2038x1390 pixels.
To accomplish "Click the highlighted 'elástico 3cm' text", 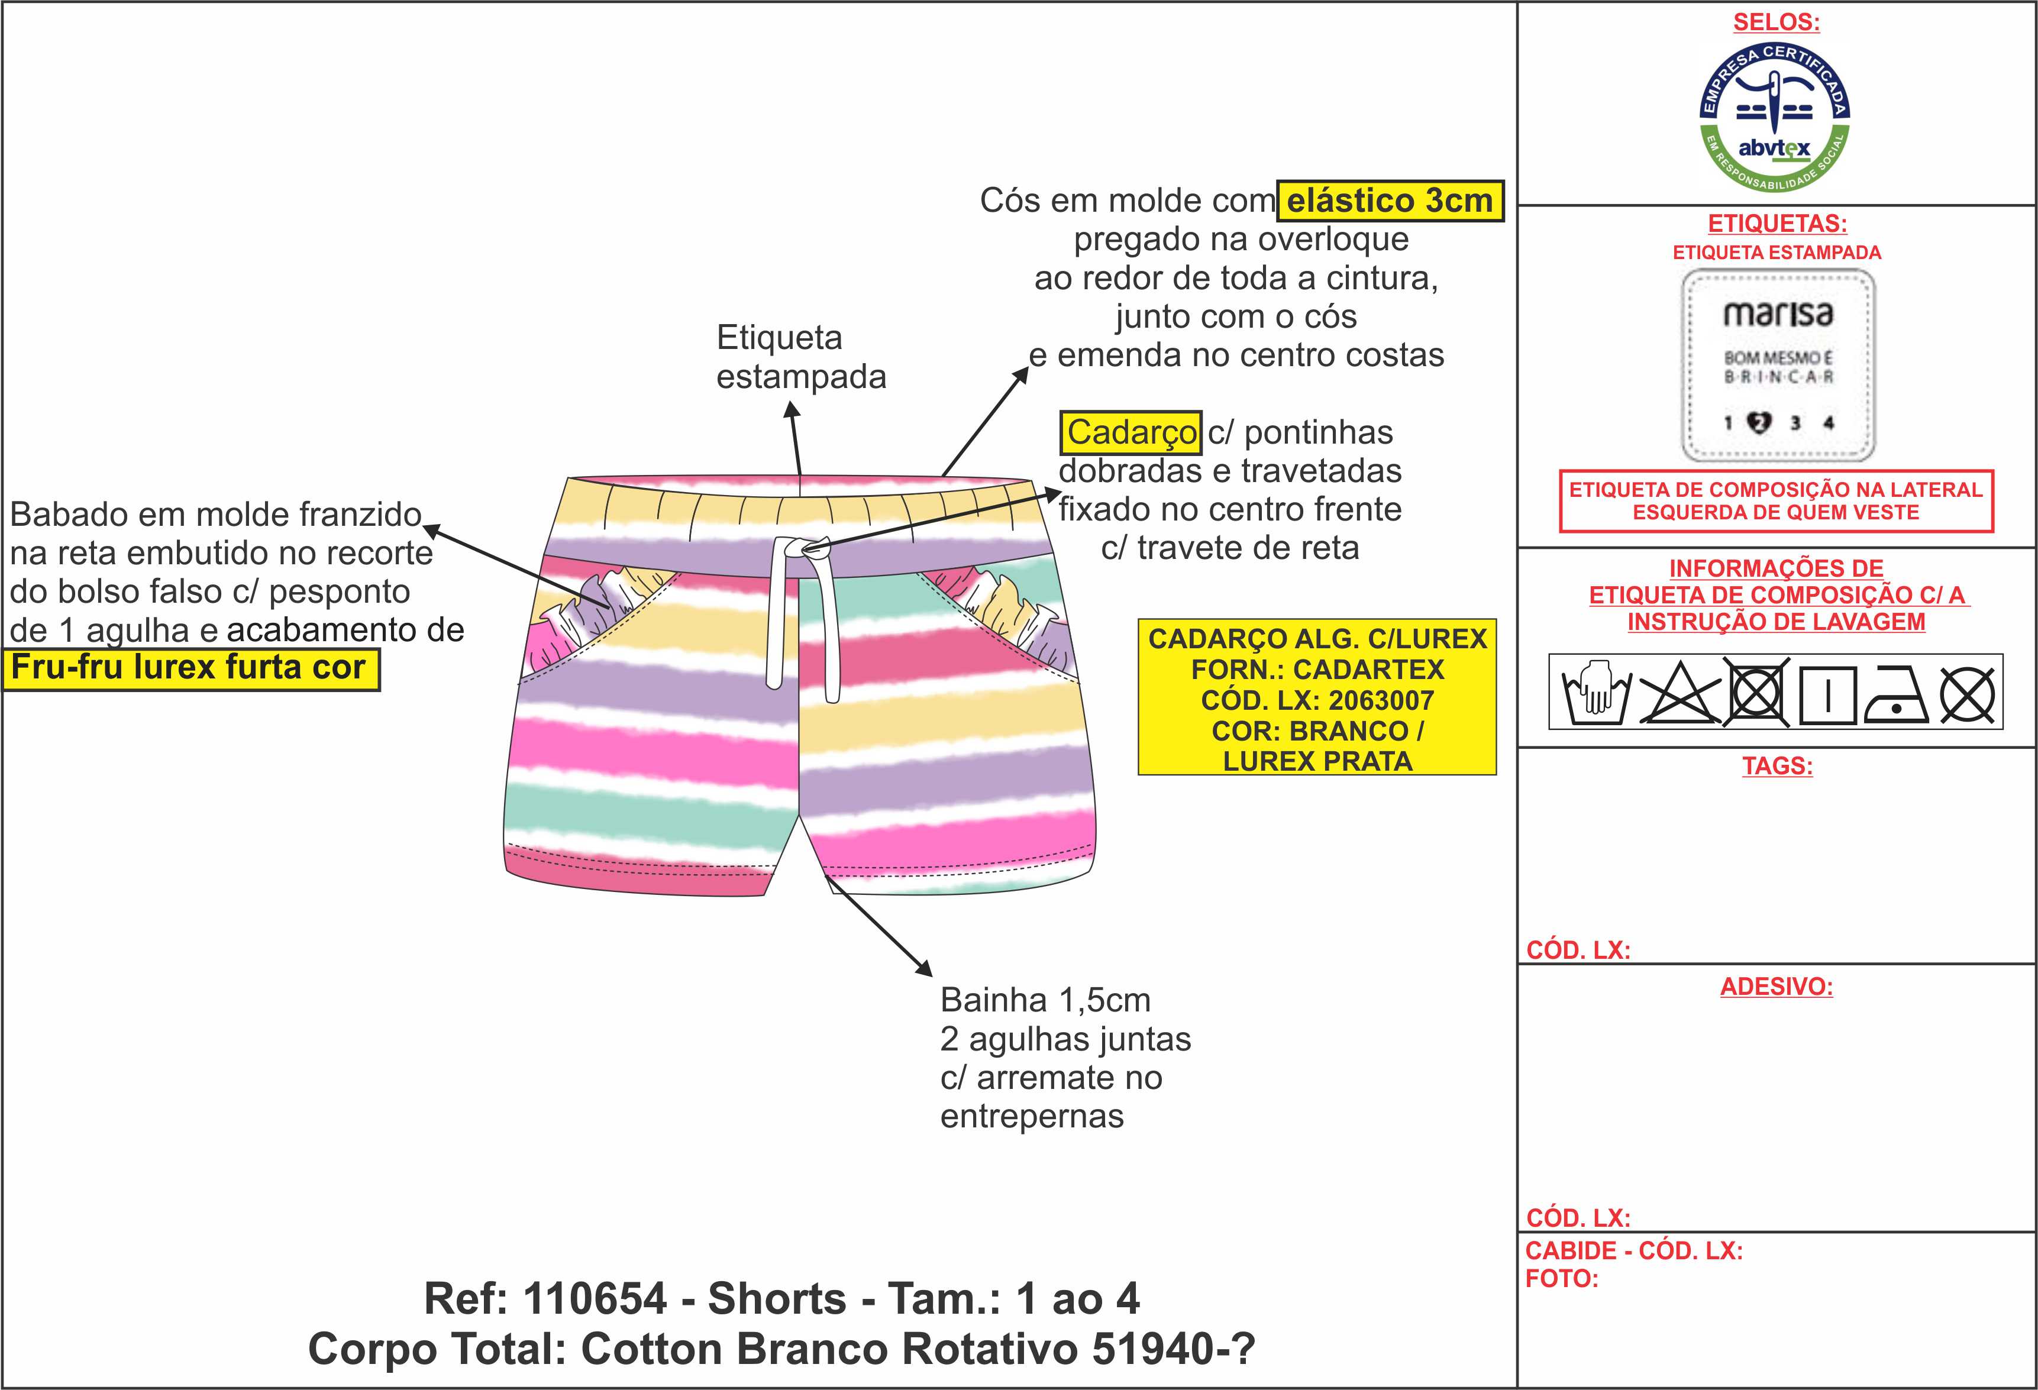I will tap(1389, 201).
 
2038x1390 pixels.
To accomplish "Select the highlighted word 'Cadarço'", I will tap(1131, 432).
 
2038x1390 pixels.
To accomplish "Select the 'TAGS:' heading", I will tap(1777, 765).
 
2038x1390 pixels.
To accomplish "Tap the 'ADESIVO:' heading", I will tap(1776, 987).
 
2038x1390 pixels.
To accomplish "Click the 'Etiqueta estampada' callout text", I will tap(800, 357).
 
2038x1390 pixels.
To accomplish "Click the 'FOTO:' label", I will tap(1561, 1279).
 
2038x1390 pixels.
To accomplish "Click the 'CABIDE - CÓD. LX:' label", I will tap(1633, 1250).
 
